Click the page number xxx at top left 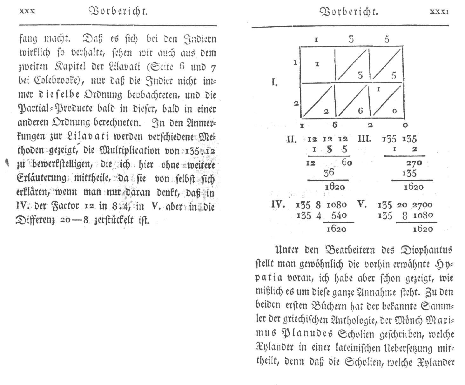point(27,12)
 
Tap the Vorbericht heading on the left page point(118,12)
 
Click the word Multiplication point(130,150)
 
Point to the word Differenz point(36,220)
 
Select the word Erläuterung point(42,178)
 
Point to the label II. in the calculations point(291,139)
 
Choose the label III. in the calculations point(364,139)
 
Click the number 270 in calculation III point(414,163)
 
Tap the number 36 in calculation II point(329,172)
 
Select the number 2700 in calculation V point(422,205)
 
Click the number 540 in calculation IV point(339,215)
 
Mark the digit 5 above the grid point(387,39)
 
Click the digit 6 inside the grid point(360,111)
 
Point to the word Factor point(66,206)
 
